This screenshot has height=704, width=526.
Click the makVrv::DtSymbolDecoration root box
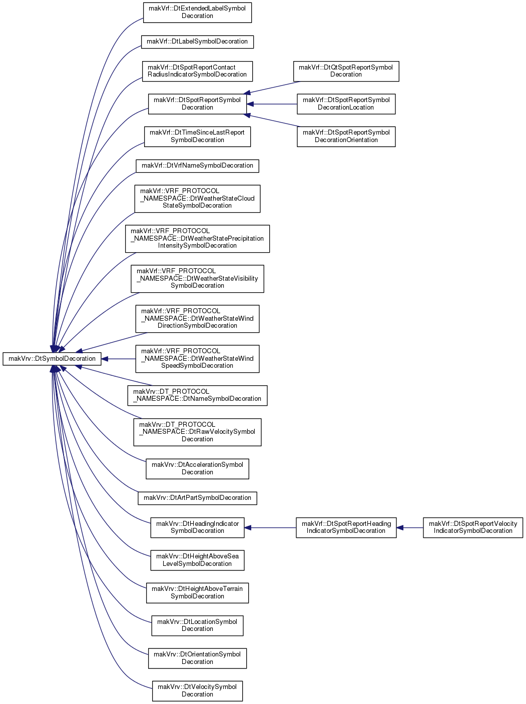[52, 359]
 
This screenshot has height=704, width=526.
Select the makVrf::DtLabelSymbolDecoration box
[197, 42]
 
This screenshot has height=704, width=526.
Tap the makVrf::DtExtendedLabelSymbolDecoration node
[197, 13]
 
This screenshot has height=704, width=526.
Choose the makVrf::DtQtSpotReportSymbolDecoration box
[346, 71]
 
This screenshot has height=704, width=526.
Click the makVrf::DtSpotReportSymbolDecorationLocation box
[346, 104]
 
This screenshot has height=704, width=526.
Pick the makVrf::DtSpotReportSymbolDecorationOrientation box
[346, 137]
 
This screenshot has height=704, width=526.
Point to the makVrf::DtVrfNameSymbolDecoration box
[197, 166]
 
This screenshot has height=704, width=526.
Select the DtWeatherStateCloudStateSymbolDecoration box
[197, 199]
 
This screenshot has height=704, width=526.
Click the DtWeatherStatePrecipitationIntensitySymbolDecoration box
[197, 239]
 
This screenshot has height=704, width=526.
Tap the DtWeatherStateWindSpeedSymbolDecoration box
[197, 359]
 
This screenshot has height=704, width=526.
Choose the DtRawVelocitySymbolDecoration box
[197, 432]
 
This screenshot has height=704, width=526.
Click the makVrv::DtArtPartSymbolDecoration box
[197, 498]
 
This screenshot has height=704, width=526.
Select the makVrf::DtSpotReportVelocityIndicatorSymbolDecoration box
[473, 527]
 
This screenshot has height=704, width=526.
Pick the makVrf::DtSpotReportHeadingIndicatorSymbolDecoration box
[346, 527]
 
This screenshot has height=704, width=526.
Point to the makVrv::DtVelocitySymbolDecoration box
[197, 691]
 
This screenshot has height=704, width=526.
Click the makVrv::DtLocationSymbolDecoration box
[197, 626]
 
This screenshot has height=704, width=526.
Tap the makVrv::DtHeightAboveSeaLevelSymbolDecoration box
[197, 560]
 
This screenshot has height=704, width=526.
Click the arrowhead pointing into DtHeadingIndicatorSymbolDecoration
[248, 527]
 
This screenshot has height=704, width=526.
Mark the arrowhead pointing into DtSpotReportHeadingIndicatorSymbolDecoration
[400, 527]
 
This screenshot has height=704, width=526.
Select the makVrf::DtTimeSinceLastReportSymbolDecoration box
[197, 137]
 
